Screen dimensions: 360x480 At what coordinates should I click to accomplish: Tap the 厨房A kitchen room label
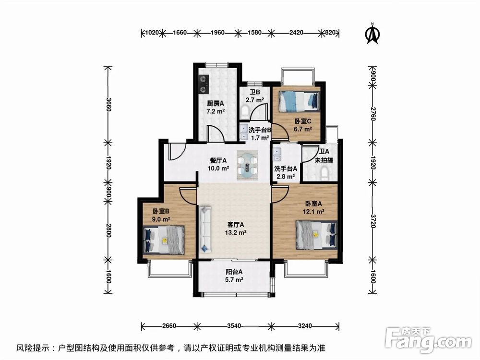coord(216,107)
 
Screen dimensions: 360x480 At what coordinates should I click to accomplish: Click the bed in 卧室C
coord(299,100)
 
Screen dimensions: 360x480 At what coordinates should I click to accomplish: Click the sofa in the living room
coord(205,228)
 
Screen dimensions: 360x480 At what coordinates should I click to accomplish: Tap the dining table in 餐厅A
coord(248,165)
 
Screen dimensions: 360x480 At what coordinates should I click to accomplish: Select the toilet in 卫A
coord(328,172)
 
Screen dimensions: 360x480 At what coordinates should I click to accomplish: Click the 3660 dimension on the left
coord(108,104)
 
